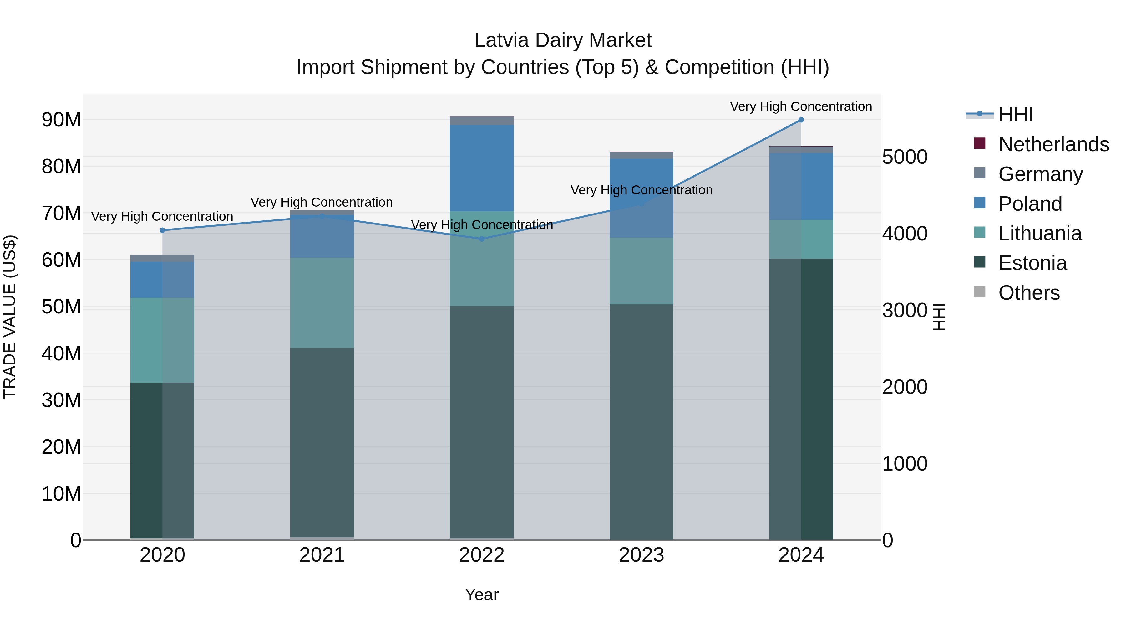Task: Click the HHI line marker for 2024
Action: (x=801, y=120)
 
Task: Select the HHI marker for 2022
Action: (x=482, y=239)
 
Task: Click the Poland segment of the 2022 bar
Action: (x=482, y=168)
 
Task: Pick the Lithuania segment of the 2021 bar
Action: (x=322, y=303)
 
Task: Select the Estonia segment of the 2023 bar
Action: (x=641, y=422)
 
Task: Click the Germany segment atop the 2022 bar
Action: (x=482, y=121)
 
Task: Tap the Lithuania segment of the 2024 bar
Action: (x=801, y=239)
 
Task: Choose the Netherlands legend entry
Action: (x=1053, y=144)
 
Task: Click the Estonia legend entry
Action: (x=1032, y=263)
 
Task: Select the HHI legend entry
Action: (x=1015, y=115)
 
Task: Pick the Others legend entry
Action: (x=1029, y=293)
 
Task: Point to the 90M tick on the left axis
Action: (x=61, y=120)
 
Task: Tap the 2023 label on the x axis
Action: (x=641, y=555)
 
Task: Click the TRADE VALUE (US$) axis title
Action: (x=10, y=317)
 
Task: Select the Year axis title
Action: (x=482, y=595)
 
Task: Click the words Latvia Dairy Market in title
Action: (x=563, y=40)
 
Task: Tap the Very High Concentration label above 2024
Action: (x=801, y=106)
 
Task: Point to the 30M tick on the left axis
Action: (x=61, y=400)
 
